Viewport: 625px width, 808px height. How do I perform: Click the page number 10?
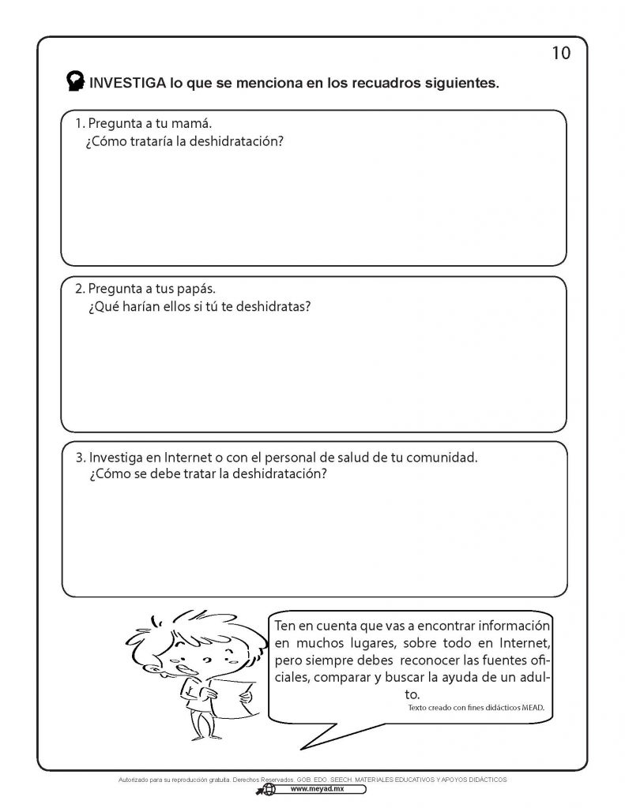tap(560, 53)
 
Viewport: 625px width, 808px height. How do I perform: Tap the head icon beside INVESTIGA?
tap(76, 81)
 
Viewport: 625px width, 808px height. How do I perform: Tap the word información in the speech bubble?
tap(504, 625)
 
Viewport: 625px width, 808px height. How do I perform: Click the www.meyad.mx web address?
tap(314, 788)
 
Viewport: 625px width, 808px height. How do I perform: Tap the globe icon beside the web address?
tap(269, 789)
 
